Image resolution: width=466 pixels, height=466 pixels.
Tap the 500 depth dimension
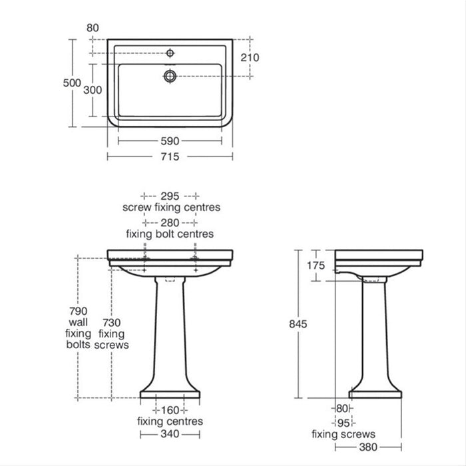(x=72, y=83)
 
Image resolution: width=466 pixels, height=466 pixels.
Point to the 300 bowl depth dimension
(x=92, y=90)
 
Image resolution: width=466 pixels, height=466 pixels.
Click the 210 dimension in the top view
(x=250, y=58)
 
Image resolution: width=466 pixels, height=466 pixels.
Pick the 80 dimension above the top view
(x=92, y=28)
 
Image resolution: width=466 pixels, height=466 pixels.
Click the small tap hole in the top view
(x=170, y=52)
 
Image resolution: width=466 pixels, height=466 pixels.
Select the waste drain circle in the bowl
(x=169, y=76)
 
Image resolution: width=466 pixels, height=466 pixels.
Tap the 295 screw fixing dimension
(x=170, y=196)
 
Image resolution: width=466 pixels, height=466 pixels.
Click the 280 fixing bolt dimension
(x=170, y=223)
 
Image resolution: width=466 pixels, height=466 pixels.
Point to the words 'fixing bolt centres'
(x=170, y=234)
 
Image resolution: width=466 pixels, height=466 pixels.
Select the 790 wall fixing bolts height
(x=78, y=311)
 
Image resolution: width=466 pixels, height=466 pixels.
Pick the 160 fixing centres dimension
(x=170, y=410)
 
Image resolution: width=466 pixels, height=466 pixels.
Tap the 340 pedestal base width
(x=170, y=434)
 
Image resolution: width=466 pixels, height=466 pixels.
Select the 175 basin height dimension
(x=316, y=265)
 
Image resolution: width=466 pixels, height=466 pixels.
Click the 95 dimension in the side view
(x=344, y=423)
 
